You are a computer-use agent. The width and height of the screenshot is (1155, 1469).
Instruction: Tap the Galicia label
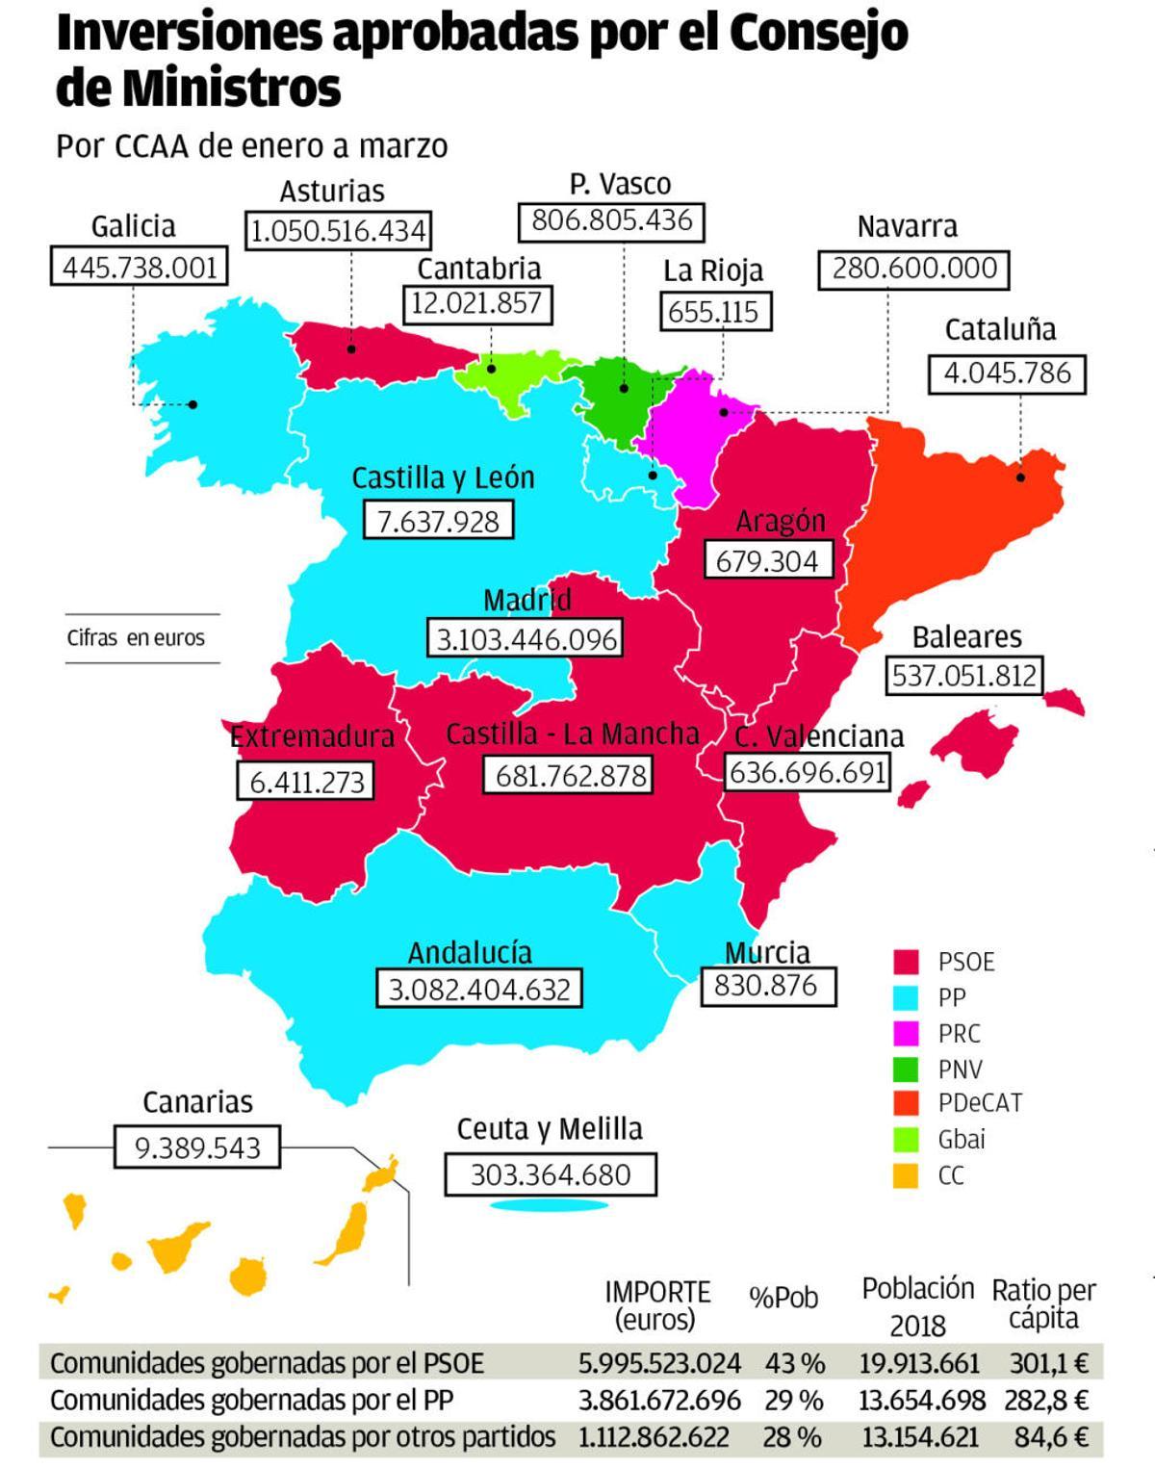[133, 227]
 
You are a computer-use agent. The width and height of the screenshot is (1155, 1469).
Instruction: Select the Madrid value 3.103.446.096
[526, 639]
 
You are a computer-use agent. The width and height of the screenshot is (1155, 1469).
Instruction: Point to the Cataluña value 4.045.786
[1007, 374]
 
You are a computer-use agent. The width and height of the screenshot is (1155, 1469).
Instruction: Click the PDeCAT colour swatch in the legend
[906, 1103]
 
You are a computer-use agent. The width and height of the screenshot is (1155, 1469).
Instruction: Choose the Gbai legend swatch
[906, 1139]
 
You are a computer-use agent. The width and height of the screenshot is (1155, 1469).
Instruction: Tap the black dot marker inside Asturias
[351, 349]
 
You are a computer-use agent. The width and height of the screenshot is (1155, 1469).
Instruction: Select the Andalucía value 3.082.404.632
[479, 990]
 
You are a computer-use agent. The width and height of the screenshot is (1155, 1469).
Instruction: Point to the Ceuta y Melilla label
[550, 1129]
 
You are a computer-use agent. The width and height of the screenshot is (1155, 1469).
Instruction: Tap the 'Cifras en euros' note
[136, 638]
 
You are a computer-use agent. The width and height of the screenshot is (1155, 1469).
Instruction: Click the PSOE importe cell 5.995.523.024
[659, 1363]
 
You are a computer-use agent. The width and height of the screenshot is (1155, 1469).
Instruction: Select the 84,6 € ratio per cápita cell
[1051, 1437]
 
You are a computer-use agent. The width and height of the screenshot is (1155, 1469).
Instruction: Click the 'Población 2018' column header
[917, 1306]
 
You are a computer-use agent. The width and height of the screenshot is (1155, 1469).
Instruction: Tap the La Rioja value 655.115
[713, 312]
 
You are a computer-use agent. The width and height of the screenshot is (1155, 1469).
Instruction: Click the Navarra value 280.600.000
[913, 269]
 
